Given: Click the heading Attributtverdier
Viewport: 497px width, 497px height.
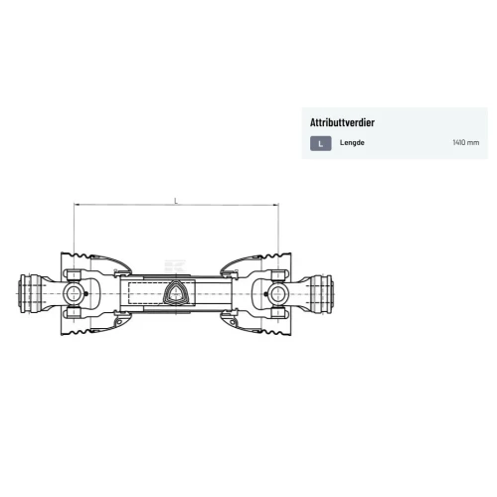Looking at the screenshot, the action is point(342,122).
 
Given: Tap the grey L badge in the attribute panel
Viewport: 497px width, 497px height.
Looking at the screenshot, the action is point(321,143).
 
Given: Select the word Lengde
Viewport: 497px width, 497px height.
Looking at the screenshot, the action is point(352,143).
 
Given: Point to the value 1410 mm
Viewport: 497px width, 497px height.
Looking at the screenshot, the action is point(465,143).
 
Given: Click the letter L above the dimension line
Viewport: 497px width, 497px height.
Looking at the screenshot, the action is point(176,201).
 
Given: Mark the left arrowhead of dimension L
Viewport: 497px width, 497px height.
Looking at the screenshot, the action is point(77,205).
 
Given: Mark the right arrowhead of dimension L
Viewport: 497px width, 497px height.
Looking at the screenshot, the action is point(275,205).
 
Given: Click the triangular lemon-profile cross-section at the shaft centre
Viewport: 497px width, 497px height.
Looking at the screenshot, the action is point(176,292).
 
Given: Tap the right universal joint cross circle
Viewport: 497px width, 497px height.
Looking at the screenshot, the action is point(278,294).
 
